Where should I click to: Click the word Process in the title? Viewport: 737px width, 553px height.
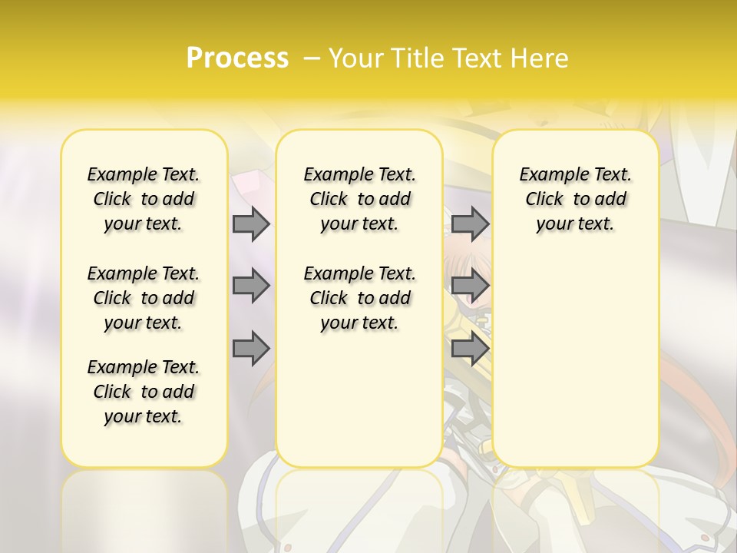(x=237, y=58)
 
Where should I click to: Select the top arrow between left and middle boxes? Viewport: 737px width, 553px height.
(x=250, y=224)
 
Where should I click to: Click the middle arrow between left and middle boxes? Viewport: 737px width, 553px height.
(x=250, y=286)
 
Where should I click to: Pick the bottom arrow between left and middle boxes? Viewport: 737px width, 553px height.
(x=250, y=349)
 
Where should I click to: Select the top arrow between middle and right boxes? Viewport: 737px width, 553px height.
(x=470, y=224)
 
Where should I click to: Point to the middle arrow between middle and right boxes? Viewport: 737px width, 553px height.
(x=470, y=286)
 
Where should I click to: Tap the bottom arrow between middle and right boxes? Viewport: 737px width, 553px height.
(x=470, y=349)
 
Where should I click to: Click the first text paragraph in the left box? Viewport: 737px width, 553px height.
(x=144, y=199)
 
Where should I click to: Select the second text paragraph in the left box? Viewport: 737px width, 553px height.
(x=144, y=298)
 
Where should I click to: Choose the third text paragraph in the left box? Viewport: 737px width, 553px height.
(x=144, y=392)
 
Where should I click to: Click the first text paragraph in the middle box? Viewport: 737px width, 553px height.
(x=360, y=199)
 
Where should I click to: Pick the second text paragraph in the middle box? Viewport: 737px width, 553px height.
(x=360, y=298)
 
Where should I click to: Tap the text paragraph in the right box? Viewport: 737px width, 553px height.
(x=576, y=199)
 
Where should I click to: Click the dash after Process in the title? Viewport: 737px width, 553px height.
(x=312, y=58)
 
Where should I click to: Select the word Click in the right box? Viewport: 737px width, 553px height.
(x=544, y=200)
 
